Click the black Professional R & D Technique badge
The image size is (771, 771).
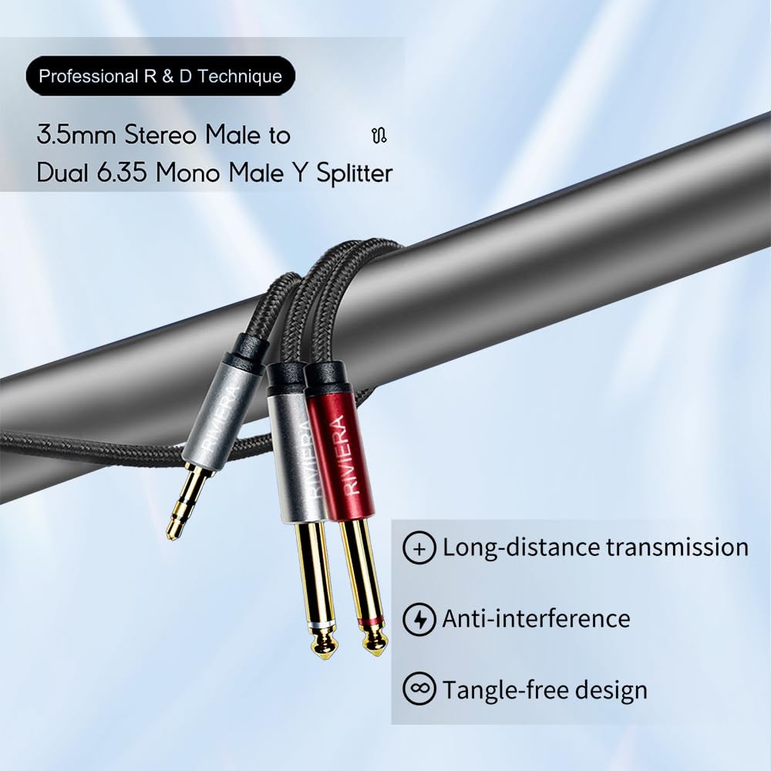click(x=160, y=76)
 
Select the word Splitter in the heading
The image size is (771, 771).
click(x=353, y=173)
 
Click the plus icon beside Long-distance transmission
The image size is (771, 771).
click(x=419, y=549)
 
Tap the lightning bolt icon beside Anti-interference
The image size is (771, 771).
click(x=419, y=619)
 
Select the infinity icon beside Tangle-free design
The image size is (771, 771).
click(x=419, y=689)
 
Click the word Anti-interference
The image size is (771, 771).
click(x=536, y=618)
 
